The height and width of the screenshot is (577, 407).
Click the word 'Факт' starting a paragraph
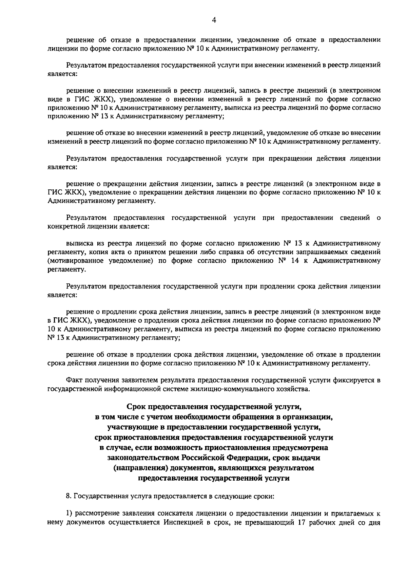pos(74,380)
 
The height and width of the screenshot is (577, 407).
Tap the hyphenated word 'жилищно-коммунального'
pos(249,389)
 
